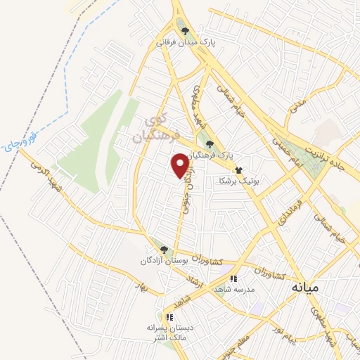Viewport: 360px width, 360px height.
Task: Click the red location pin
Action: click(181, 165)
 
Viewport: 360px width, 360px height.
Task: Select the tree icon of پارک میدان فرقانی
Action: click(185, 31)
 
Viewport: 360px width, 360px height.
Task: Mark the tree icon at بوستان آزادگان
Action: click(164, 249)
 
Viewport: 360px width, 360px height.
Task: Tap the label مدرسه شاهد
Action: click(255, 289)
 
